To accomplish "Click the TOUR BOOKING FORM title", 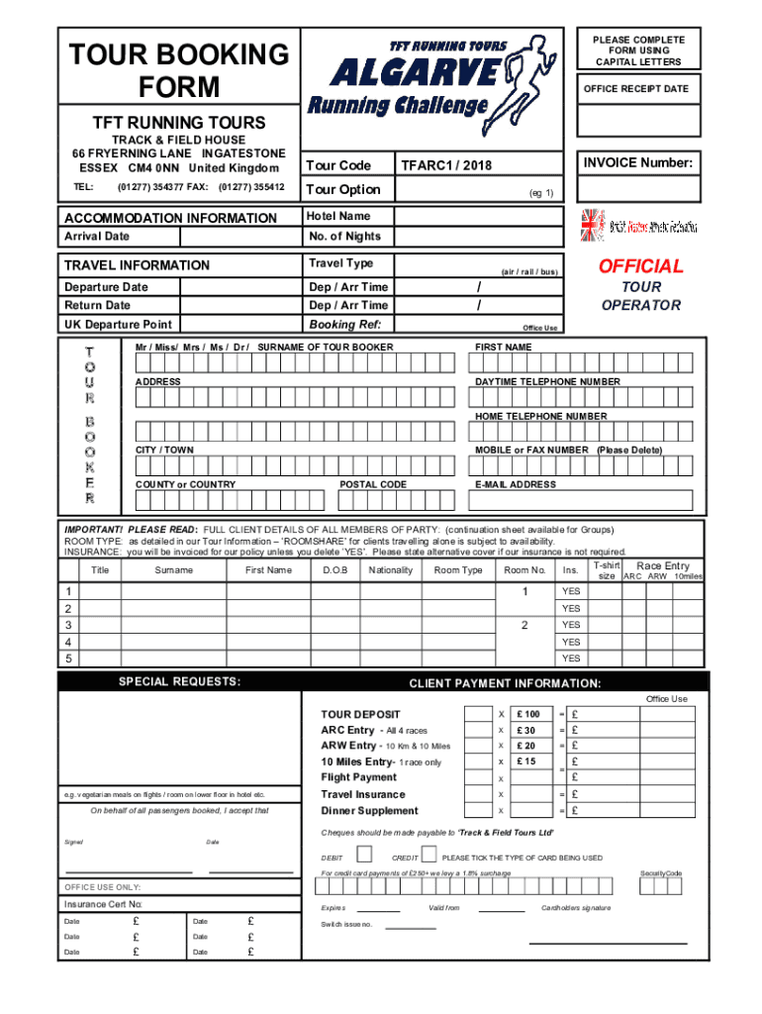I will tap(178, 70).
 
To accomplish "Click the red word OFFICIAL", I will tap(640, 266).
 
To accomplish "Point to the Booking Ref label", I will tap(345, 324).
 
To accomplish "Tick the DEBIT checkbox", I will tap(364, 854).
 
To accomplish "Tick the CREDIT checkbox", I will tap(429, 854).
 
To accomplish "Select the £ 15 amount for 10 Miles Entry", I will tap(526, 761).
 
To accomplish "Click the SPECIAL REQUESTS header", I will tap(179, 682).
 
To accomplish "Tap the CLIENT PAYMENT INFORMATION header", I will tap(505, 683).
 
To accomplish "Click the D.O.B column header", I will tap(334, 570).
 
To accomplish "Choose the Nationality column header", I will tap(391, 570).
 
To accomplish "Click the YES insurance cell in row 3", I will tap(571, 625).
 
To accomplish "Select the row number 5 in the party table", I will tap(68, 659).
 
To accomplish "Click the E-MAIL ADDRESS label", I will tap(515, 484).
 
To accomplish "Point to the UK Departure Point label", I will tap(118, 325).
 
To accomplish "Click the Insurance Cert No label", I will tap(104, 904).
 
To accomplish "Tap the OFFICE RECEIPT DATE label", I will tap(635, 89).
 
